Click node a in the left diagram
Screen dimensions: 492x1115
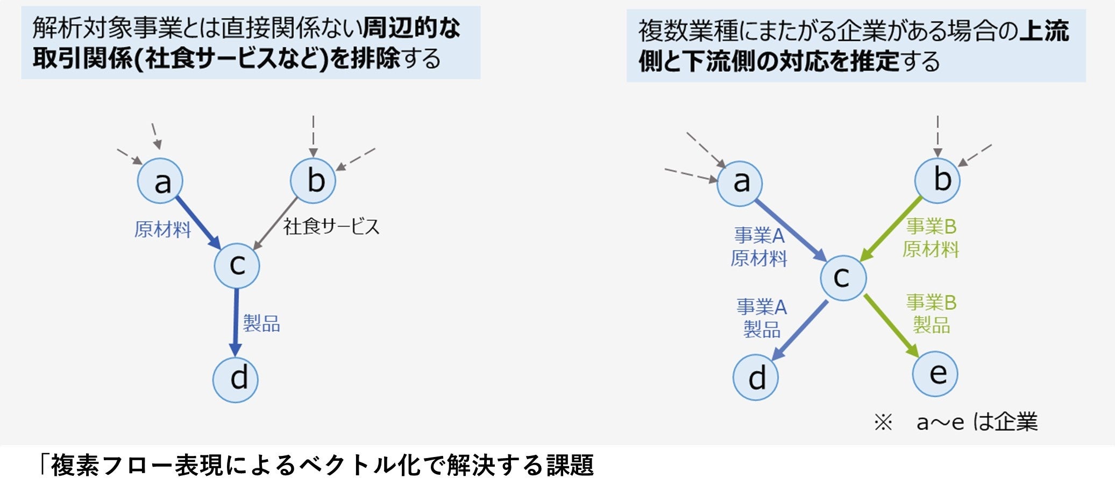(160, 181)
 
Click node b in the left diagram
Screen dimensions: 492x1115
(313, 181)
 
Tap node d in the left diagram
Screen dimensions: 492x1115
(236, 379)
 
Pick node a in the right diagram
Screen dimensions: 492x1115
(740, 183)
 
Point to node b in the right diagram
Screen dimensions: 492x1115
(938, 180)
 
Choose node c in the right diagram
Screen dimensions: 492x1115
(843, 278)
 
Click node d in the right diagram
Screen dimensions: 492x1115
(756, 377)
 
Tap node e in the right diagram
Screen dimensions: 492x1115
(935, 374)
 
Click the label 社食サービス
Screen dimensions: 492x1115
(331, 227)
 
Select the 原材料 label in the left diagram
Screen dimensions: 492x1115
(162, 230)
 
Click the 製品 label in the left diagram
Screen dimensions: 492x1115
(261, 324)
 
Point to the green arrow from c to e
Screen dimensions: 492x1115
(891, 325)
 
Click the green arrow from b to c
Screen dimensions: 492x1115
(891, 229)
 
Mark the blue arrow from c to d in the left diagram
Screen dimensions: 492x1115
(236, 322)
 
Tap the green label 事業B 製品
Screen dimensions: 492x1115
(931, 314)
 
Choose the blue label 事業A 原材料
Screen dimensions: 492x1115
(759, 247)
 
